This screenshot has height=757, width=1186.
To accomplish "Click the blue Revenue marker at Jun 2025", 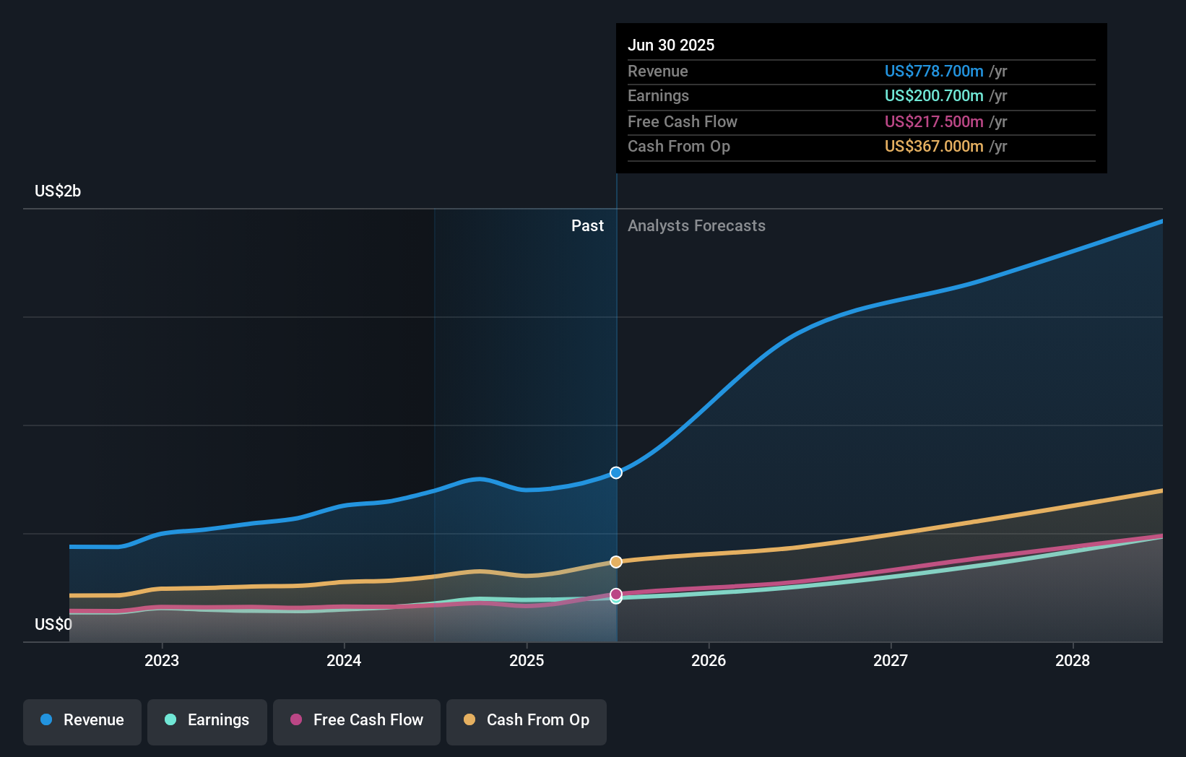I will coord(615,472).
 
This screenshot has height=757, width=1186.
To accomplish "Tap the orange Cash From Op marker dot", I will coord(615,561).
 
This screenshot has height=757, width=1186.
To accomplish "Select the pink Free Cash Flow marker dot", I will coord(615,594).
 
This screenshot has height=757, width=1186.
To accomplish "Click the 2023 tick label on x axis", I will coord(162,660).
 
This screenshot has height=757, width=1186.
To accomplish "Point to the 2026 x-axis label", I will coord(708,660).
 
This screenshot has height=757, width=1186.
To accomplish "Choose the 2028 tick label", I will coord(1072,660).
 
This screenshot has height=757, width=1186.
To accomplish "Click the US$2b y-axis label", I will coord(58,191).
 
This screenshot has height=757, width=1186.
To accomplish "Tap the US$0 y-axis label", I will coord(53,624).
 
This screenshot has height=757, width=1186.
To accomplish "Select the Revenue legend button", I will coord(82,721).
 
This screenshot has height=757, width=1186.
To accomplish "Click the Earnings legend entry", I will coord(207,721).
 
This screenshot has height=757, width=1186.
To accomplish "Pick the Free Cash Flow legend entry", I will coord(357,721).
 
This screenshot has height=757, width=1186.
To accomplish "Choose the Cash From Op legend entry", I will coord(527,721).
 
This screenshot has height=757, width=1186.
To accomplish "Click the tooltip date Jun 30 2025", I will coord(670,45).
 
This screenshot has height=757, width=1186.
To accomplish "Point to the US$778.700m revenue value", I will coord(933,71).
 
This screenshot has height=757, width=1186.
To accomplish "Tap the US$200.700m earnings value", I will coord(933,95).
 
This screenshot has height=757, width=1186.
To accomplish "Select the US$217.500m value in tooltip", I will coord(933,121).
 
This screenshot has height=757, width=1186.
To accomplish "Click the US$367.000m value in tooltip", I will coord(933,146).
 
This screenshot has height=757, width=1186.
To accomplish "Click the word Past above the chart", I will coord(587,225).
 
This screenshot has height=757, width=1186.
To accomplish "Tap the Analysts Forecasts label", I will coord(696,225).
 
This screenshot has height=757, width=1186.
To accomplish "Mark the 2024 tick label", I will coord(344,660).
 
